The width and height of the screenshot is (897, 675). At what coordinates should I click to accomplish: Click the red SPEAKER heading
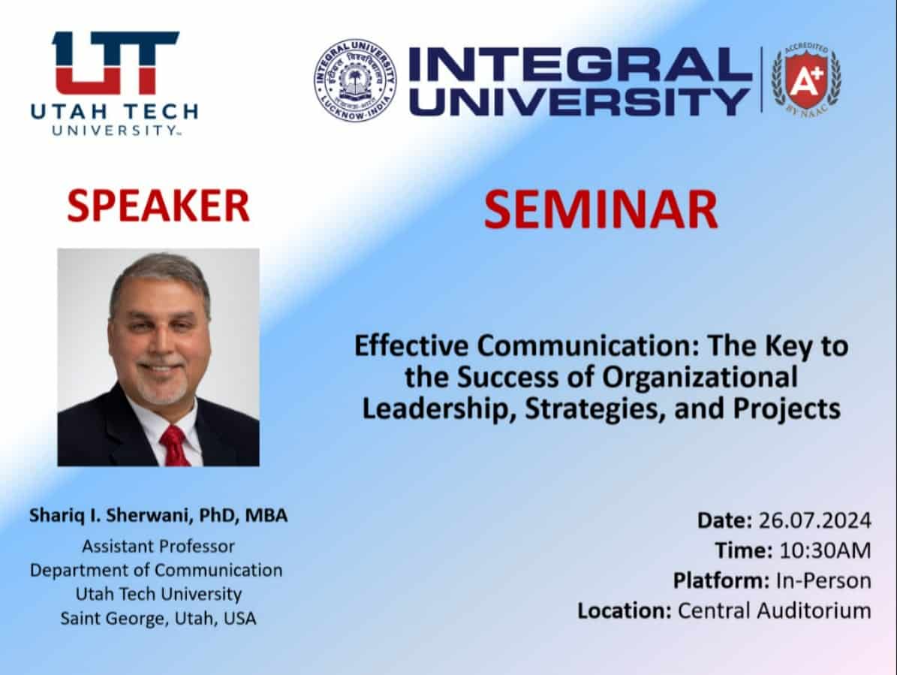pyautogui.click(x=158, y=206)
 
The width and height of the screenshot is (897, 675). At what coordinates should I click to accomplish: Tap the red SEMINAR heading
pyautogui.click(x=601, y=209)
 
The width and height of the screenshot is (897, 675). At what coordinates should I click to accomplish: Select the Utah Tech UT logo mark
pyautogui.click(x=116, y=62)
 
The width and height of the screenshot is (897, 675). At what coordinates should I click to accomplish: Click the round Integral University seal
pyautogui.click(x=355, y=80)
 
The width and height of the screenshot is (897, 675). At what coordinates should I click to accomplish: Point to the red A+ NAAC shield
pyautogui.click(x=807, y=78)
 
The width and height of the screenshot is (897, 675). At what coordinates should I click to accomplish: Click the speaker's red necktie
pyautogui.click(x=174, y=446)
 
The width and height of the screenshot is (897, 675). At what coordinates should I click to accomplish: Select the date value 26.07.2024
pyautogui.click(x=814, y=520)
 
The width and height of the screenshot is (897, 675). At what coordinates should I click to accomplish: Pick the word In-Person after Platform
pyautogui.click(x=823, y=580)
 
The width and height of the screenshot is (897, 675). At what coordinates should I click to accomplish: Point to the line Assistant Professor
pyautogui.click(x=158, y=547)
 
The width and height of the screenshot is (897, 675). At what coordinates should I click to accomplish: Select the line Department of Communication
pyautogui.click(x=156, y=571)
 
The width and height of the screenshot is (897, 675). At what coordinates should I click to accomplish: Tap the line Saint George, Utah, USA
pyautogui.click(x=158, y=619)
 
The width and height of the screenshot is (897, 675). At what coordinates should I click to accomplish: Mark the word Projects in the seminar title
pyautogui.click(x=787, y=408)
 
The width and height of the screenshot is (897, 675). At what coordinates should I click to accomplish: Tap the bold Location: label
pyautogui.click(x=624, y=610)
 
